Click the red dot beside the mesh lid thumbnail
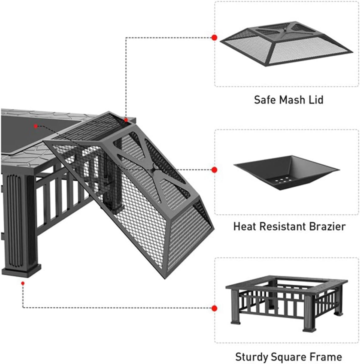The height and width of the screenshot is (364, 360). click(214, 38)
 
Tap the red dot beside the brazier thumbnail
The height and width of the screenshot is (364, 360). click(214, 170)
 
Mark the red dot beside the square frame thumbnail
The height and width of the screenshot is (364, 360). click(214, 308)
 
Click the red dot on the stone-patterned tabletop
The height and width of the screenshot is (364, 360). click(36, 126)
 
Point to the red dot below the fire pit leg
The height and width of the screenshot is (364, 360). click(22, 282)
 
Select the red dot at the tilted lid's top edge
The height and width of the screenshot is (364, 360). click(126, 119)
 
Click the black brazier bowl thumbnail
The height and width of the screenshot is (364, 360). click(286, 172)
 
